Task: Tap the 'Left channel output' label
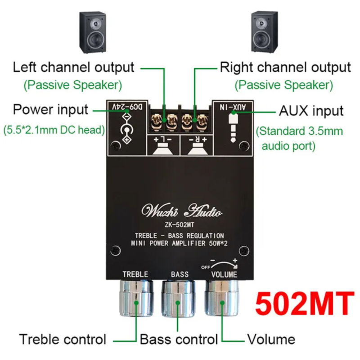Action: pos(73,67)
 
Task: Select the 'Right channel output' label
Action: pos(285,67)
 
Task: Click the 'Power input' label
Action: pos(50,109)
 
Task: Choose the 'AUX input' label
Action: pos(311,111)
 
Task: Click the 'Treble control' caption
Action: pos(63,339)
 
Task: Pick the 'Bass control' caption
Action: pos(179,339)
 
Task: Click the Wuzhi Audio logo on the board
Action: pos(181,210)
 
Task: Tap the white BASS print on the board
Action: pos(180,274)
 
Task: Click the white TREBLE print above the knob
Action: pos(135,274)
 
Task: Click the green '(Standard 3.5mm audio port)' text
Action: pos(299,139)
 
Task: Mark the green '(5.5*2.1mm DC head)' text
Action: pos(54,130)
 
